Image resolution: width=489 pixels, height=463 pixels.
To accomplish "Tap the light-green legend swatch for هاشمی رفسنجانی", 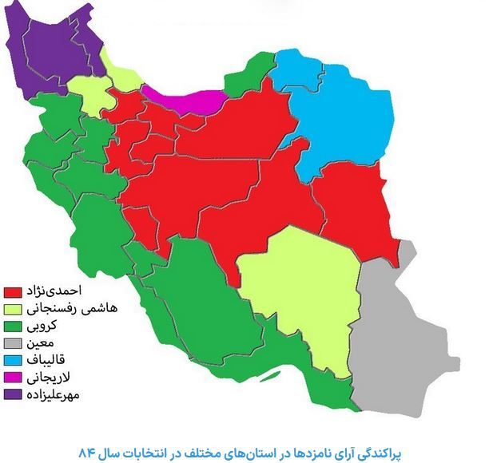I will point(13,307).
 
